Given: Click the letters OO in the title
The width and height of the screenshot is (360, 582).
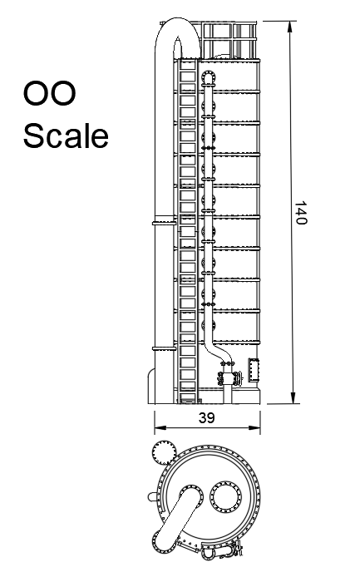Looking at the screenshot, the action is point(49,93).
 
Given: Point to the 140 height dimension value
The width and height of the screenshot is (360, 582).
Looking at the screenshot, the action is point(301,213).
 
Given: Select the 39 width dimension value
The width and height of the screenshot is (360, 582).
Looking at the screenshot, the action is point(207,417).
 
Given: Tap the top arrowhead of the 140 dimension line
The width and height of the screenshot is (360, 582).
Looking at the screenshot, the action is point(291,26).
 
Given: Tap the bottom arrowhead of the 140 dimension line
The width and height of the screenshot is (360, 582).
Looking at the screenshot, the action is point(293,398).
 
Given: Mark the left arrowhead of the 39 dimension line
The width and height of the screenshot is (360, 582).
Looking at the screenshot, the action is point(160,428).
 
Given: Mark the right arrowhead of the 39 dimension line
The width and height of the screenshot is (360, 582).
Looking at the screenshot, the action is point(254,428).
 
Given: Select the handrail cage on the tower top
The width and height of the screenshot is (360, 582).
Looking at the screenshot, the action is point(229,40).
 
